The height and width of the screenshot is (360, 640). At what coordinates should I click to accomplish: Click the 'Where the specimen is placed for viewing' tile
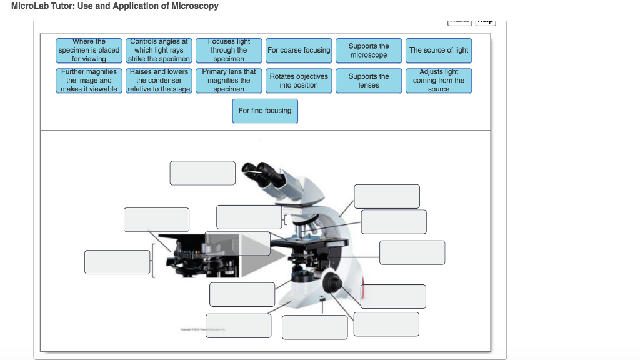[89, 50]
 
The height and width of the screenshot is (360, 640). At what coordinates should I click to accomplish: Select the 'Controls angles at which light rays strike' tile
[159, 50]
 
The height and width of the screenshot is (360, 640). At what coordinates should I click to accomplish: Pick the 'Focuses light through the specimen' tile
[229, 50]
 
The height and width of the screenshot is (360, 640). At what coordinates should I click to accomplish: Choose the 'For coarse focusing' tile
[299, 50]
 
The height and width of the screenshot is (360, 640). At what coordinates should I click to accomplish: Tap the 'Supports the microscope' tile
[369, 51]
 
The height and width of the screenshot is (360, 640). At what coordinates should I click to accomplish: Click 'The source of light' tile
[439, 50]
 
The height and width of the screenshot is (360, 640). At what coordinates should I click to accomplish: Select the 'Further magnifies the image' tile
[89, 81]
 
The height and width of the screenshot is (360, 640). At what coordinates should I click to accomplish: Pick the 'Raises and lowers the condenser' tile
[159, 81]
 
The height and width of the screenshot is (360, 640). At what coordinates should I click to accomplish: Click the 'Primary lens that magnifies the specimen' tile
[229, 81]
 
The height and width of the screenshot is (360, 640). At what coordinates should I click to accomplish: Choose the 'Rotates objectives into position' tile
[299, 81]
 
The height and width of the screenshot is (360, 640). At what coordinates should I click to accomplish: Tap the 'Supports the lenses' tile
[369, 81]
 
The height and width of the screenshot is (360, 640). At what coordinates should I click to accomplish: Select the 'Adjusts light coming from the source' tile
[439, 81]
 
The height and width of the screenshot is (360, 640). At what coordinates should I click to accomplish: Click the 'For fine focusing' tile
[265, 111]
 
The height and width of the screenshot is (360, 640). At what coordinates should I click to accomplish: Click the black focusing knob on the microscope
[332, 282]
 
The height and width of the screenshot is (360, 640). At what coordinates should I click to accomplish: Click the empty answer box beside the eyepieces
[202, 173]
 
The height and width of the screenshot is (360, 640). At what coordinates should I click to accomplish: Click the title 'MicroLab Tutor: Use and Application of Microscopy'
[115, 6]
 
